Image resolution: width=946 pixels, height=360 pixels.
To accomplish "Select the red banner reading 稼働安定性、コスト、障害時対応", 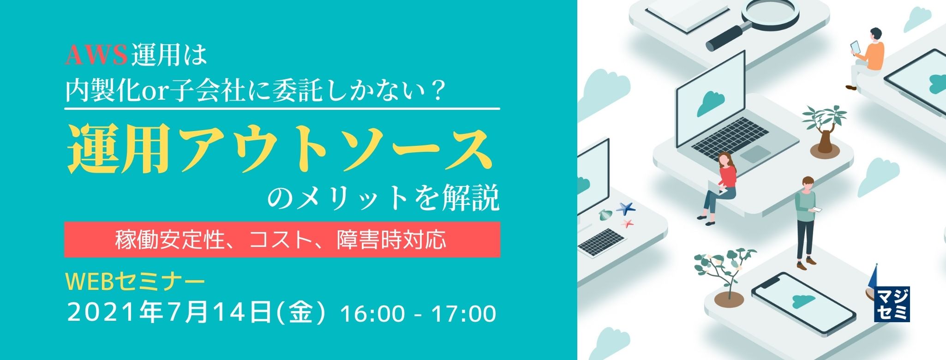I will (x=282, y=240).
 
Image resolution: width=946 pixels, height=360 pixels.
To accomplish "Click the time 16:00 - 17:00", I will (x=418, y=314).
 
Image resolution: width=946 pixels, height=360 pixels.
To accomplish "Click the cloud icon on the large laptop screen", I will (x=710, y=102).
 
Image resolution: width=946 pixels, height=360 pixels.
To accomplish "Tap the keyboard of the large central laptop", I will (x=729, y=137).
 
